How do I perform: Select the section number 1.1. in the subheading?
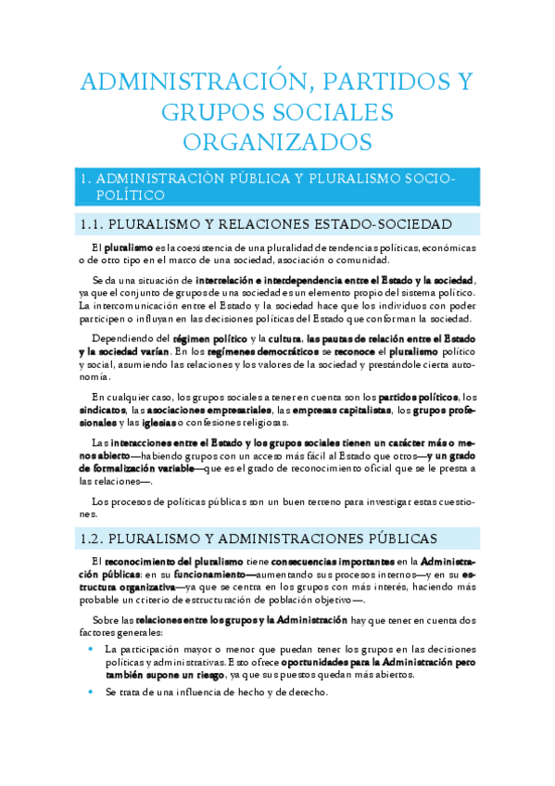coord(92,224)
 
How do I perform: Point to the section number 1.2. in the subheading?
coord(92,538)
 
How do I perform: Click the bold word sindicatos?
coord(103,411)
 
